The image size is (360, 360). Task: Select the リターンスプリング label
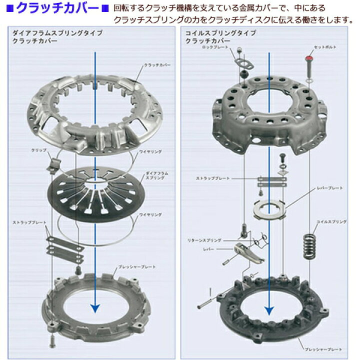pyautogui.click(x=216, y=240)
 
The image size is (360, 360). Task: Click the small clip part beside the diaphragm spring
pyautogui.click(x=54, y=162)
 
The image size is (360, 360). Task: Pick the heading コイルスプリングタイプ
pyautogui.click(x=220, y=32)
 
